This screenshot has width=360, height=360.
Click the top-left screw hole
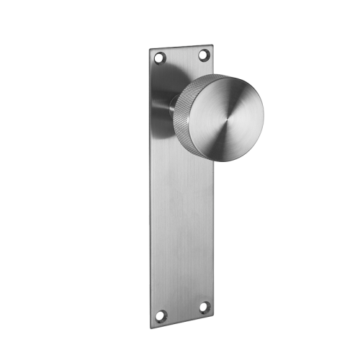161,57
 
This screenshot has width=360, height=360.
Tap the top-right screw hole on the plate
204,54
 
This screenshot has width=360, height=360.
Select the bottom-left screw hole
161,315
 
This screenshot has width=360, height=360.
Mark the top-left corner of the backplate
150,50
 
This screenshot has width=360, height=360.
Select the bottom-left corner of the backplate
152,327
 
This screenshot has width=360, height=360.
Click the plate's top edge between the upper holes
181,47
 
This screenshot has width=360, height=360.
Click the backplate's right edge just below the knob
214,173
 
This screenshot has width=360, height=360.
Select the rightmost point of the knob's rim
264,115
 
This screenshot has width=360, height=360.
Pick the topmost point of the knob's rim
228,74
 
